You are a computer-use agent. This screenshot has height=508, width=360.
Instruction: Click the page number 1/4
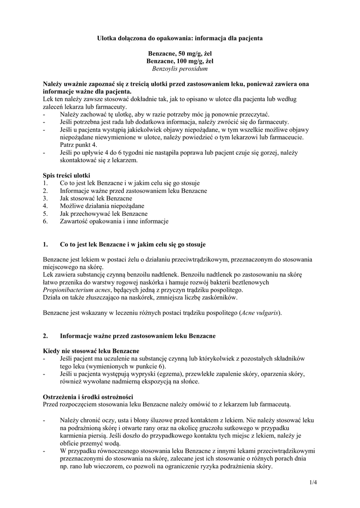313,481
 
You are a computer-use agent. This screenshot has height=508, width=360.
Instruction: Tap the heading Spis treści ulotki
67,176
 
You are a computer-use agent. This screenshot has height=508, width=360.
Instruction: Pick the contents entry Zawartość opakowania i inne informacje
114,221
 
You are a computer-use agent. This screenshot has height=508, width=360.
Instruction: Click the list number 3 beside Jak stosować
45,198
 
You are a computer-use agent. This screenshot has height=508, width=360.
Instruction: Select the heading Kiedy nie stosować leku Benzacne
91,351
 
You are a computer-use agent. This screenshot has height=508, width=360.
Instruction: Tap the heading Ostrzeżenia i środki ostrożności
88,396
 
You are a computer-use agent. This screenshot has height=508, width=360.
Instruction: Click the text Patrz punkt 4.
77,144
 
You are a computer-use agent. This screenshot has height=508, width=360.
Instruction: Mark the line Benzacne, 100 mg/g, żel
180,61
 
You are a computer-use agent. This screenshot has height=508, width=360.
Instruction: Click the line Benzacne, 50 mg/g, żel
180,53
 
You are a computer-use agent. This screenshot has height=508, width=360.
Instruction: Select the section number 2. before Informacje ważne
46,336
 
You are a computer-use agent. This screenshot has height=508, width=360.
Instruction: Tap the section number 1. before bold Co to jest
46,245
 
